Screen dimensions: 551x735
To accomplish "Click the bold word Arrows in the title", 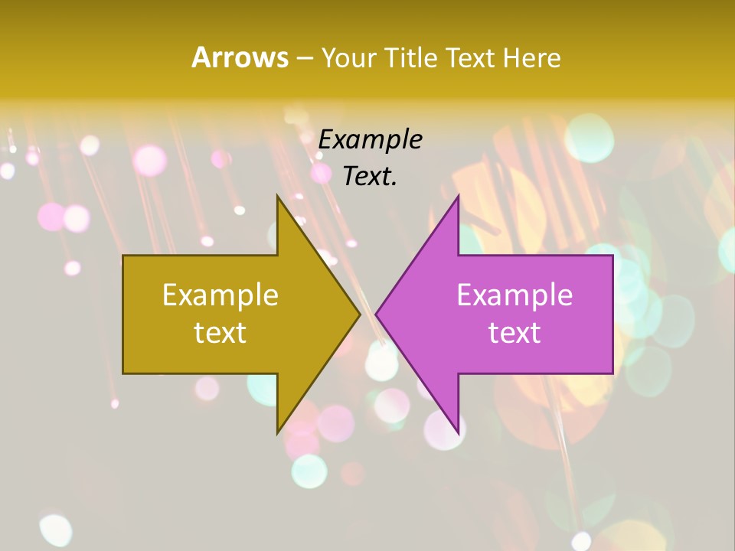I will [x=240, y=57].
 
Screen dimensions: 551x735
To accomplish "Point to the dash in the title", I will [x=304, y=58].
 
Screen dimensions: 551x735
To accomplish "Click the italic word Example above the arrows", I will [x=371, y=139].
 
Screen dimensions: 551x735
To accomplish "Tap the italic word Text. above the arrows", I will [x=371, y=176].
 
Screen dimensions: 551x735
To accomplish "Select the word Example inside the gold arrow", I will [x=220, y=295].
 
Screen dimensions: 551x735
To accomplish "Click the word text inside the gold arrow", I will [x=220, y=332].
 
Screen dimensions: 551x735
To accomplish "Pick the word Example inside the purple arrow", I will [x=514, y=295].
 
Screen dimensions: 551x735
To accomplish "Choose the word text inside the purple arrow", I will [x=514, y=332].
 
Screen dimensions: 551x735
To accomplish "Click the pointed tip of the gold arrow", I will [x=359, y=314].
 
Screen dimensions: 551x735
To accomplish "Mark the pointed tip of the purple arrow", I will [x=377, y=314].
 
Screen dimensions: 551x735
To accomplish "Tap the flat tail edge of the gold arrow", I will [x=124, y=314].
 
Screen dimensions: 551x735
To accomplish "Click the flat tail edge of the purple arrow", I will [x=612, y=314].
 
